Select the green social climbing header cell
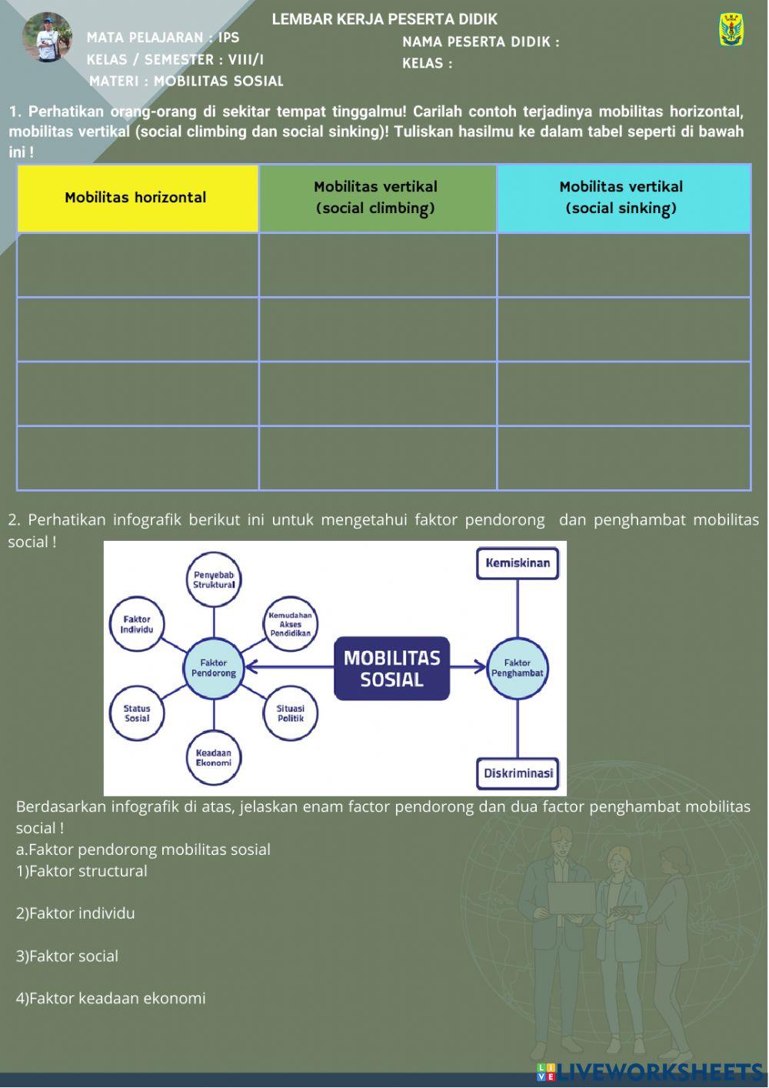point(378,199)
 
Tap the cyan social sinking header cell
point(623,199)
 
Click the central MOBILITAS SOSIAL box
point(391,669)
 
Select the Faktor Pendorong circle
point(213,668)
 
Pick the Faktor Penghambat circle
point(518,668)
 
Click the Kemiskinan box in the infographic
point(518,563)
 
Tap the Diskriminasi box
point(518,773)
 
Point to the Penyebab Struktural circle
point(214,579)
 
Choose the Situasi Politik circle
point(290,713)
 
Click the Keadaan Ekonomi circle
point(213,758)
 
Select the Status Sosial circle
point(137,713)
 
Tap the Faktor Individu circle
point(137,624)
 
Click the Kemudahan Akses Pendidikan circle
point(290,624)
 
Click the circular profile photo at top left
point(47,37)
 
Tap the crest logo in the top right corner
point(731,30)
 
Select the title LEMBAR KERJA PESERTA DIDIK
point(384,19)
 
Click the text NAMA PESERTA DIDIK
point(481,42)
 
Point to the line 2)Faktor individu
point(75,913)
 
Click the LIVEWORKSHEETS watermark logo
point(650,1072)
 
